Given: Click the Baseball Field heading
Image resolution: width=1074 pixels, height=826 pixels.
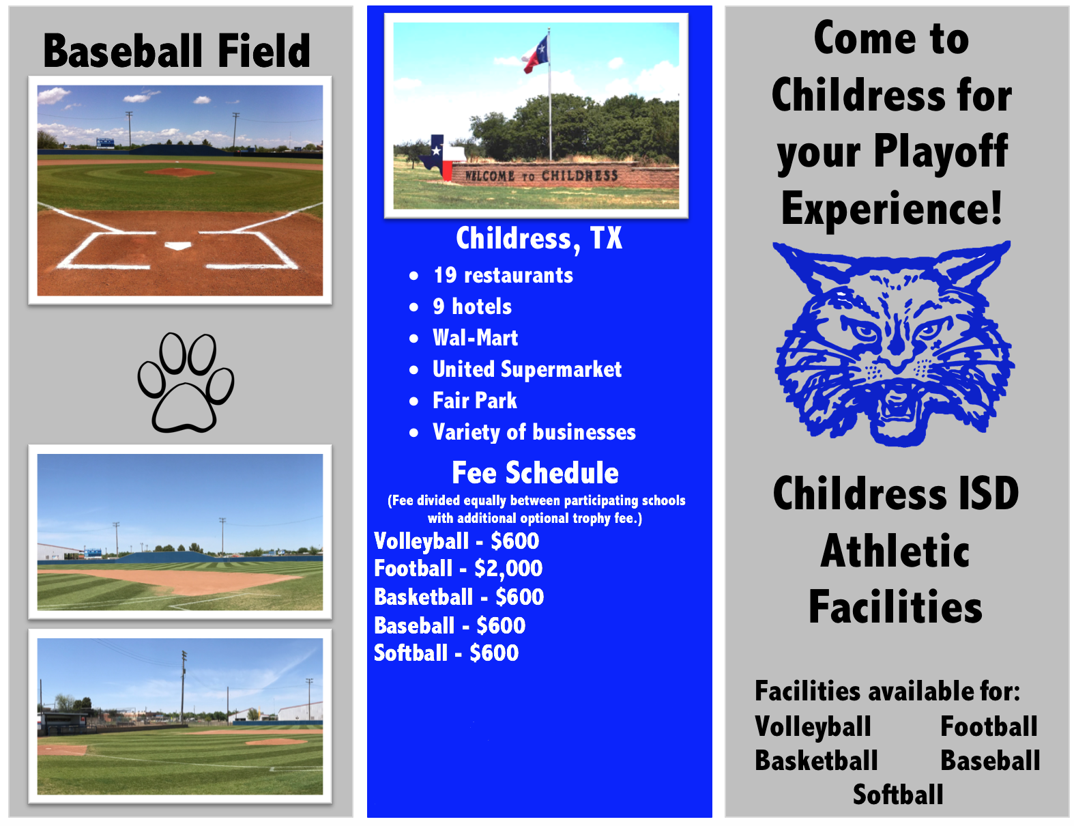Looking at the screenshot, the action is pos(177,51).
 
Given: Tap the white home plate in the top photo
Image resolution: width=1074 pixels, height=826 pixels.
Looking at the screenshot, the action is pos(178,246).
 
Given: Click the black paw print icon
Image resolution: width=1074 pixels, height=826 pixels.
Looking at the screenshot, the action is pos(186,382).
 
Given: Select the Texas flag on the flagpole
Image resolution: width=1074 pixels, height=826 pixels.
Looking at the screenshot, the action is pos(536,54).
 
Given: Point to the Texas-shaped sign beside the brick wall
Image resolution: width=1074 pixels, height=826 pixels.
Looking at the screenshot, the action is pos(442,156).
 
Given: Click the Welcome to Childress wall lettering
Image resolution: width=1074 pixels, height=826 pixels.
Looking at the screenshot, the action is pos(541,175).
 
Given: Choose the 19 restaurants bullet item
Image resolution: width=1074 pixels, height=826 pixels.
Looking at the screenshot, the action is pos(503,275).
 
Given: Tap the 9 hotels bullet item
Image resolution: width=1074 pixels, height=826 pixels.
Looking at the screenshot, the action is pos(472,307).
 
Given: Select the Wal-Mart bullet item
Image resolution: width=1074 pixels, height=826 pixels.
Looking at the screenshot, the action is pos(475,338).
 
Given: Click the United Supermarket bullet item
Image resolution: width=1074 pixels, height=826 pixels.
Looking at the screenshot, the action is pos(527,369).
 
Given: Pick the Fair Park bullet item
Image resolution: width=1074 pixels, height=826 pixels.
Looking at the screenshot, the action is pos(474,401).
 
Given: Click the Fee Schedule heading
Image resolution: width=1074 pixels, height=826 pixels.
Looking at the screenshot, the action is pos(535,472).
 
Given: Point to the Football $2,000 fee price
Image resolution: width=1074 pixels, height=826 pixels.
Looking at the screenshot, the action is pos(508,569).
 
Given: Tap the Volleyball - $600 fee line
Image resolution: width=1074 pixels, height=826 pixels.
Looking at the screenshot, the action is pos(456,541).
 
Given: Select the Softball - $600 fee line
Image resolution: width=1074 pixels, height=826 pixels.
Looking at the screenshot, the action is pos(446,653).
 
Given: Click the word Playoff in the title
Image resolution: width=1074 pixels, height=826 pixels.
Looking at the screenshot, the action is pos(940,152).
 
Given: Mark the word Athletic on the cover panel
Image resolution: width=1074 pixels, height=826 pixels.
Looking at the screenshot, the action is pos(895,551).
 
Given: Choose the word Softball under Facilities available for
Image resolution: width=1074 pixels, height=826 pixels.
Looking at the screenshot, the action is pos(897,795).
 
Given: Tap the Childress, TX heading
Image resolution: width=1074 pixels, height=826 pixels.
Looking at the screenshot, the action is pos(539,239).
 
